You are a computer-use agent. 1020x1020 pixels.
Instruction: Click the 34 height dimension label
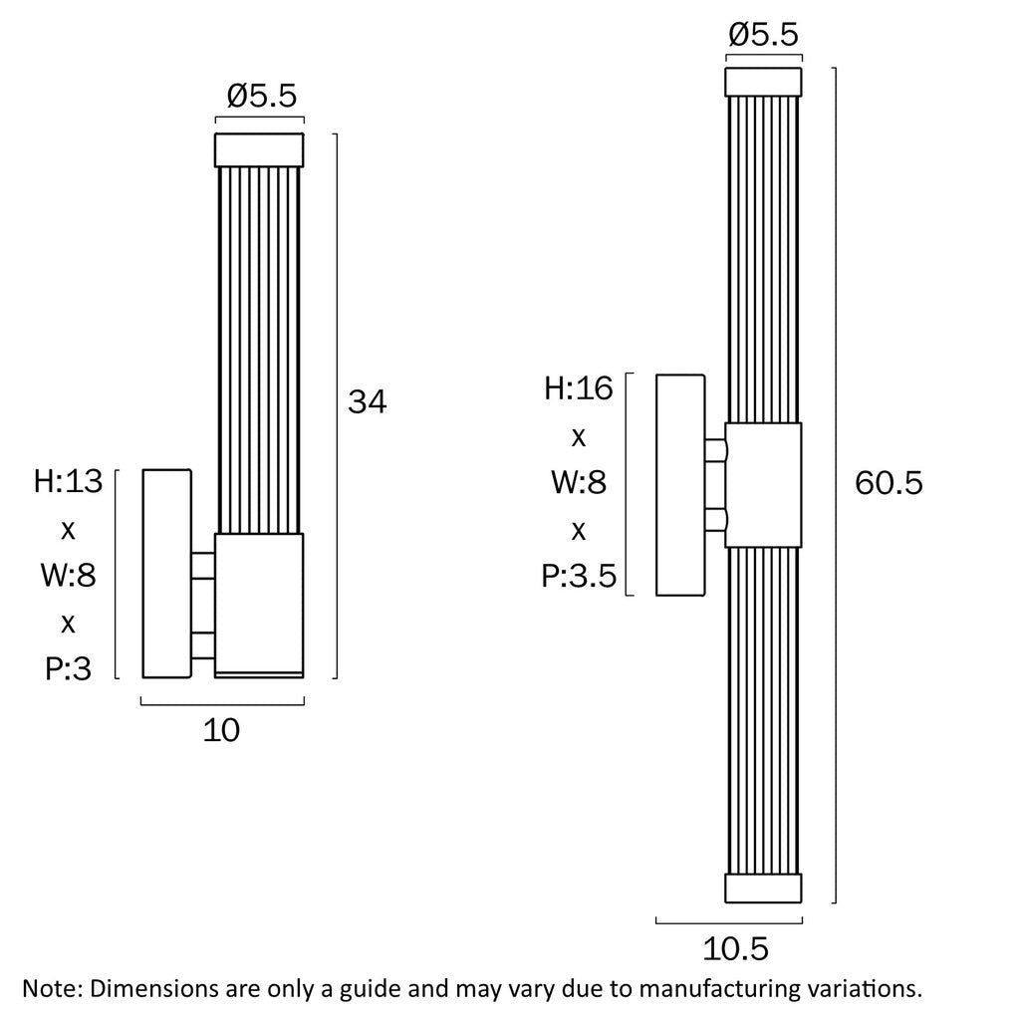click(368, 401)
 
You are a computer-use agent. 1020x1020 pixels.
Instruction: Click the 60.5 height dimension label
click(889, 483)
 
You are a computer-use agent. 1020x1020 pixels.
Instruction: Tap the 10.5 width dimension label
click(736, 949)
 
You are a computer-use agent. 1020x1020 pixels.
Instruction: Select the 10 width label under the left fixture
click(221, 730)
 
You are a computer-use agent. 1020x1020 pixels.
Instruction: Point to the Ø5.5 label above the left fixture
click(262, 96)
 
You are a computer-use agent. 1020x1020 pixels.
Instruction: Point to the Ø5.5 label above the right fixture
click(763, 35)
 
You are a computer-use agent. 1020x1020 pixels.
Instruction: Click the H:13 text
click(69, 481)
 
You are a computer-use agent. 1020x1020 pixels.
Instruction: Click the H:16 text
click(579, 388)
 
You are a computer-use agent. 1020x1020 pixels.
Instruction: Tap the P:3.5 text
click(579, 577)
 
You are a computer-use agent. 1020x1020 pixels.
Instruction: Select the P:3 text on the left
click(69, 668)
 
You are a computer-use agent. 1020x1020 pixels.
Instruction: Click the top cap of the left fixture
click(259, 150)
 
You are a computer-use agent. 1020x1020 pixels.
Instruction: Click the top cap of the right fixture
click(763, 82)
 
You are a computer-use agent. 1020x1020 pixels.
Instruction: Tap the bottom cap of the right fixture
click(763, 888)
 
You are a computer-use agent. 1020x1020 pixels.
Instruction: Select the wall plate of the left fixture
click(167, 573)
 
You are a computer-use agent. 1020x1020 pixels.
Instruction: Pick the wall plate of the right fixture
click(680, 485)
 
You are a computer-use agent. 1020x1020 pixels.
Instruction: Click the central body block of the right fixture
click(763, 485)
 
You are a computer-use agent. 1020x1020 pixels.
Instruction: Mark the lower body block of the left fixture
click(259, 606)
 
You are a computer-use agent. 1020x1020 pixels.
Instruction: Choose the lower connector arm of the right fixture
click(716, 519)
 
